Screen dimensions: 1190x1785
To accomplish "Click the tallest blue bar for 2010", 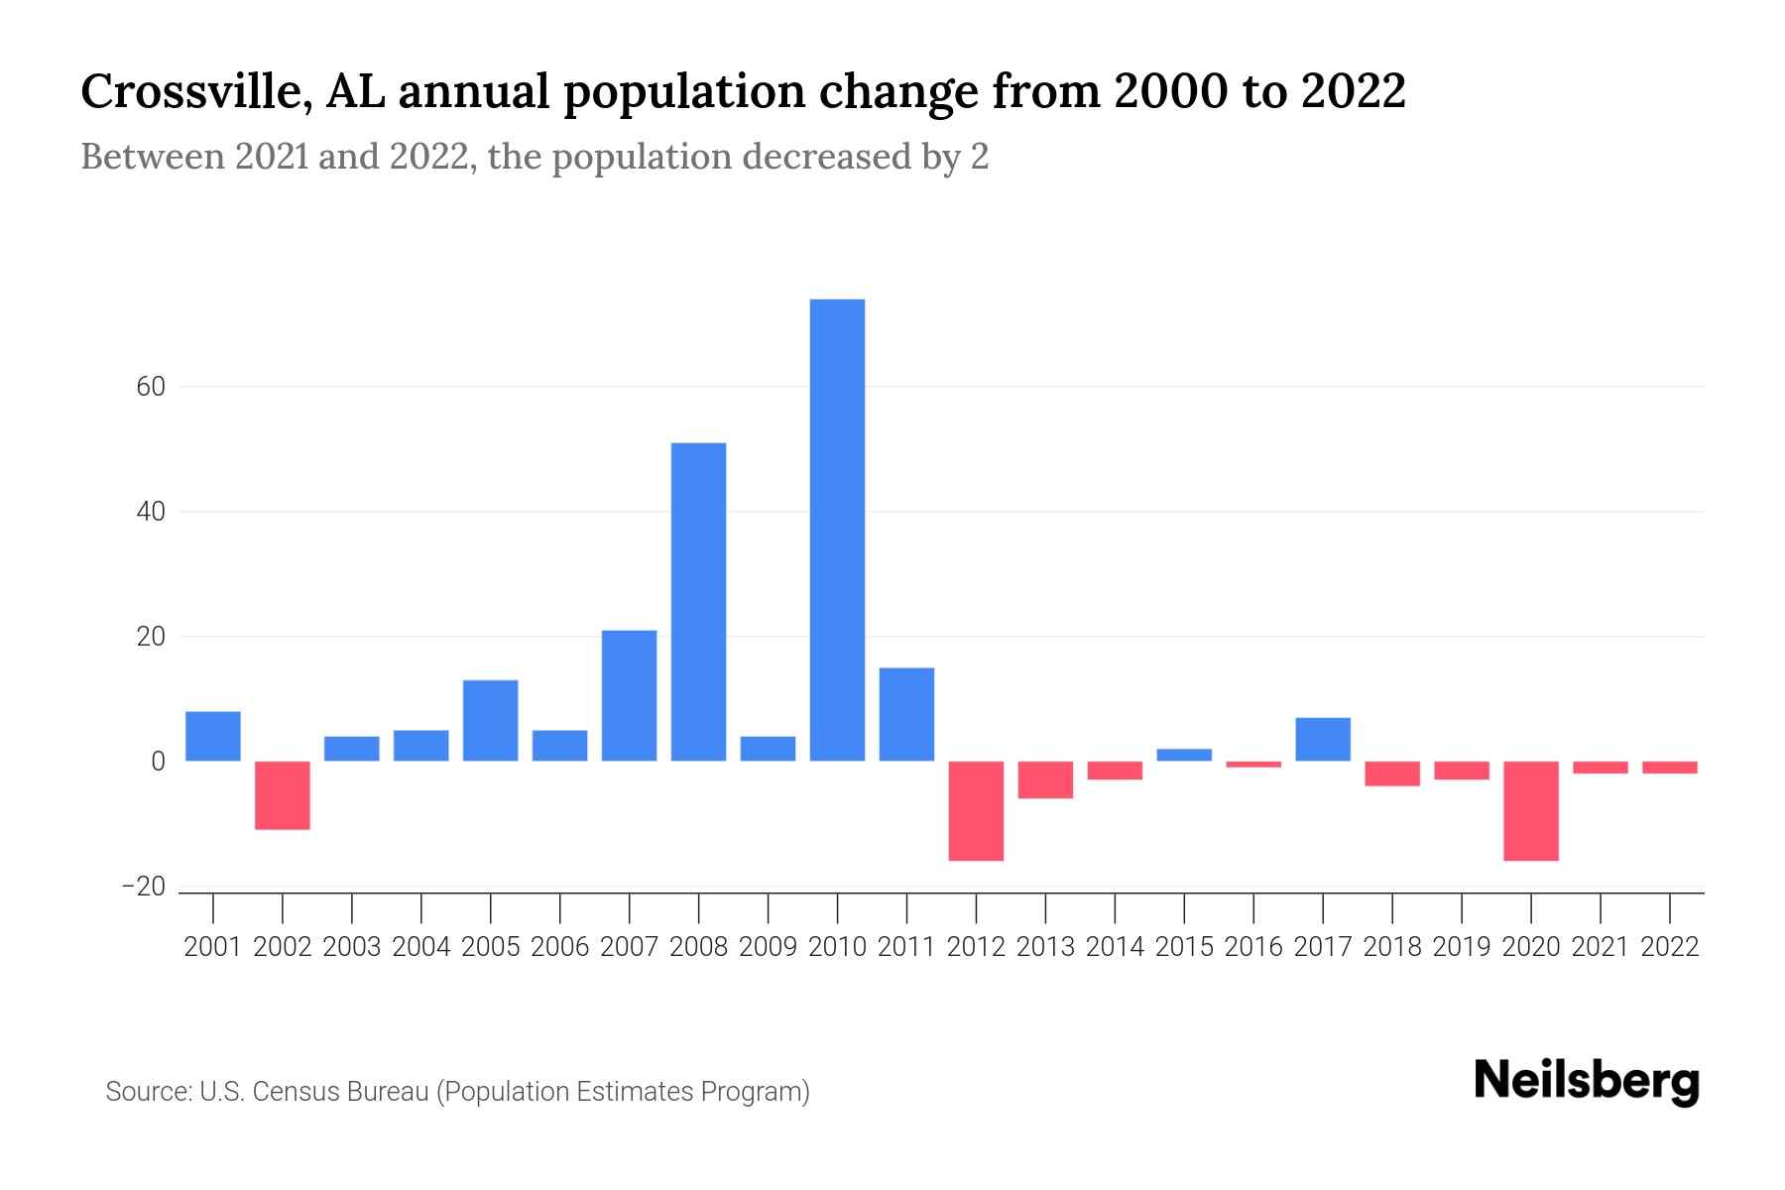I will [837, 531].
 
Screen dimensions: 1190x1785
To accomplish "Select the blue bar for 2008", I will [698, 602].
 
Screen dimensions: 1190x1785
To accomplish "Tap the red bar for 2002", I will [283, 795].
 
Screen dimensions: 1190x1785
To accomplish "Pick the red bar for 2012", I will [976, 810].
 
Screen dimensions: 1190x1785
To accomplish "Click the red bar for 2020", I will [1531, 810].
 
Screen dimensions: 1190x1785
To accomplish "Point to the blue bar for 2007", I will [629, 695].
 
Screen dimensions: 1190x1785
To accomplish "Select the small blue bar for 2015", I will [1184, 755].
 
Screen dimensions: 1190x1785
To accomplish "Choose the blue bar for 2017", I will [1323, 739].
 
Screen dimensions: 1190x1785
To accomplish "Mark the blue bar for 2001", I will [213, 736].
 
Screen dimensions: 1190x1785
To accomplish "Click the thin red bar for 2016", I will [1253, 765].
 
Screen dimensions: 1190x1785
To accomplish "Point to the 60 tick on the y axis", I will [150, 387].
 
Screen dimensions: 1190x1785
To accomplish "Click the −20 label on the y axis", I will [144, 887].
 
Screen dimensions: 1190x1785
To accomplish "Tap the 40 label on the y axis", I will [150, 512].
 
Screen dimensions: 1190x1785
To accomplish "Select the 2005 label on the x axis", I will [491, 947].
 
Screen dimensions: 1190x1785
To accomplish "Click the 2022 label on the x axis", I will [1670, 947].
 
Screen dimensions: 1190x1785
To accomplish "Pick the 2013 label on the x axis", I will [1045, 947].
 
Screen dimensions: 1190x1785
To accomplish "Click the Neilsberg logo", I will [1587, 1081].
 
